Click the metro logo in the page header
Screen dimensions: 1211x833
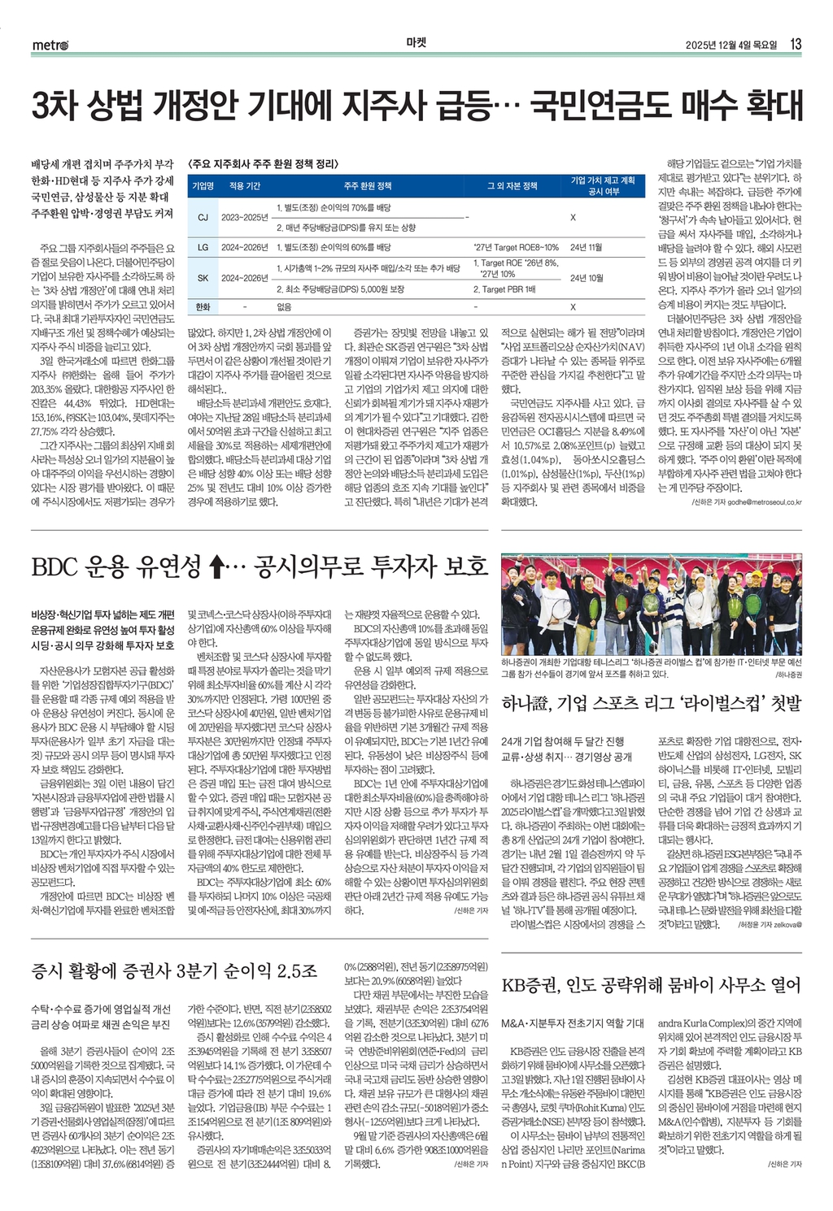(x=50, y=44)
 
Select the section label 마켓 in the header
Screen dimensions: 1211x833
(x=416, y=43)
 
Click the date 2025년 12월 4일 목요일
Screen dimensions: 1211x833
(x=731, y=44)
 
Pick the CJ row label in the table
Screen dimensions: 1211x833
(x=203, y=218)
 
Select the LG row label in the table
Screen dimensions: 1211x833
(x=203, y=247)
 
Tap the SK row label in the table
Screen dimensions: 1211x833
(x=203, y=278)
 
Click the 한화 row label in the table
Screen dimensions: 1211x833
(x=203, y=307)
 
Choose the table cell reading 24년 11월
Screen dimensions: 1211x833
(x=587, y=247)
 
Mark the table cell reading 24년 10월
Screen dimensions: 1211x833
(x=587, y=278)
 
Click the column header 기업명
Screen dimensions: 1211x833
(x=203, y=186)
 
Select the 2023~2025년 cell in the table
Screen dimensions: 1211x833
(x=244, y=218)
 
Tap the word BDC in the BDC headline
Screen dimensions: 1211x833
(x=61, y=567)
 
